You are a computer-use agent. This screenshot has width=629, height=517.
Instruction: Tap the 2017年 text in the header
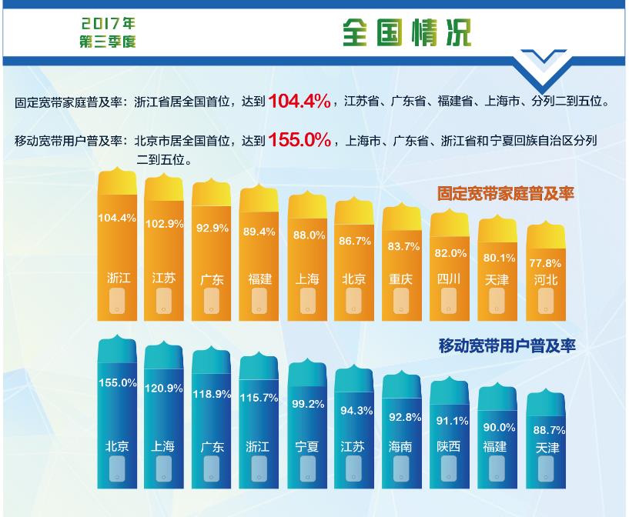tap(107, 25)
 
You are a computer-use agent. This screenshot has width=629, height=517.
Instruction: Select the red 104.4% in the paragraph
tap(299, 100)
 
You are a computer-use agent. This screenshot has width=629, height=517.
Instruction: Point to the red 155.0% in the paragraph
tap(299, 140)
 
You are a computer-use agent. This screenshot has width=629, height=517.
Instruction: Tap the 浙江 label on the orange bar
tap(118, 278)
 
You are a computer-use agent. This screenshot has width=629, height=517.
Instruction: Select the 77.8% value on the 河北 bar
tap(545, 261)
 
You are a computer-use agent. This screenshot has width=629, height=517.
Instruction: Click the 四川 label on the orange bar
tap(449, 279)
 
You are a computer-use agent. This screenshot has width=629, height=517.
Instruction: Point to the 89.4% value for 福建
tap(259, 232)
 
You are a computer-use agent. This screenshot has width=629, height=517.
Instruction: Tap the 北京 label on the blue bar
tap(118, 445)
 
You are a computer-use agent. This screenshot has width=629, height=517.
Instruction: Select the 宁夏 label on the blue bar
tap(306, 446)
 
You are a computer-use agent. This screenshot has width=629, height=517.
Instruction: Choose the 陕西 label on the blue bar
tap(449, 446)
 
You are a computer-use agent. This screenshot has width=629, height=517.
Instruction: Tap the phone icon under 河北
tap(544, 306)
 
